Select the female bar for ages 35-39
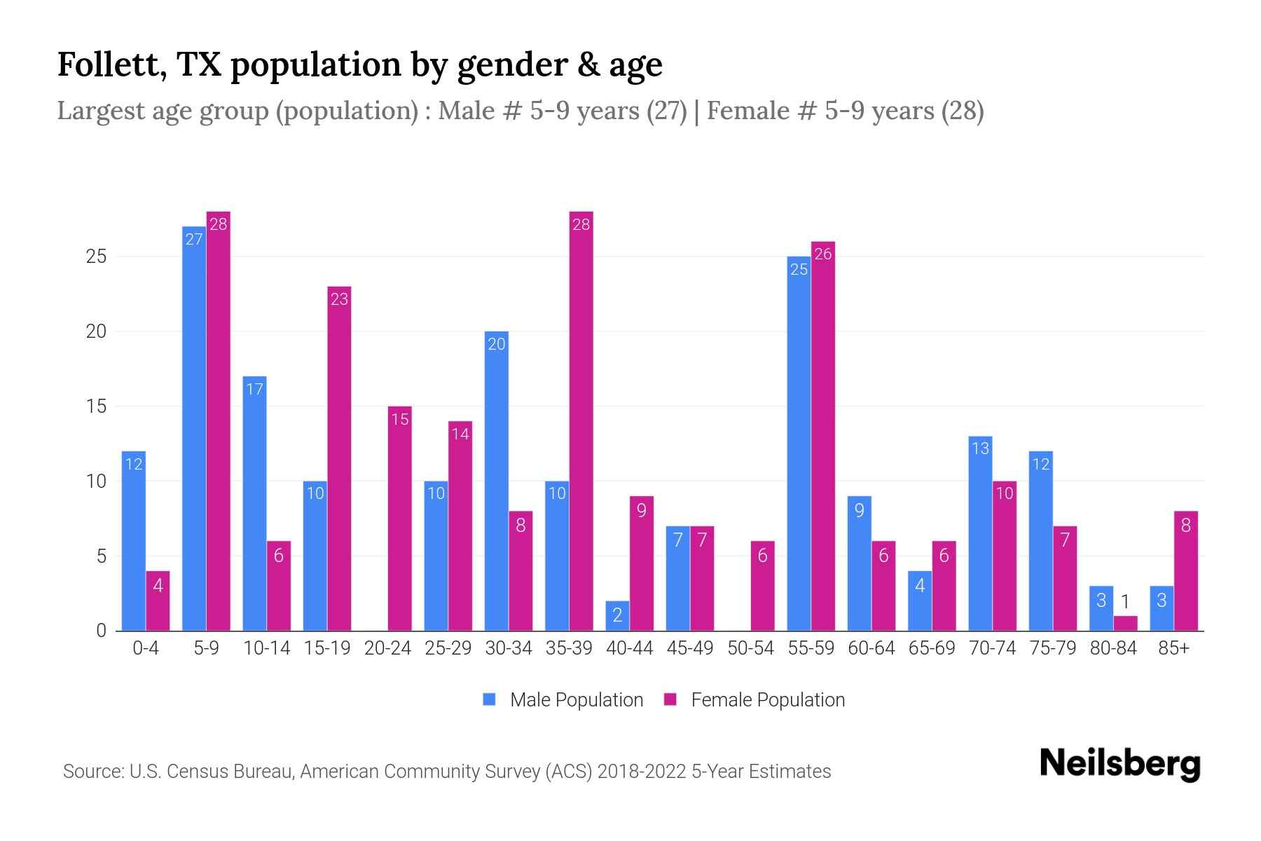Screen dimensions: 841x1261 tap(581, 420)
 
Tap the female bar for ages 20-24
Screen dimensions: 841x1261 tap(399, 519)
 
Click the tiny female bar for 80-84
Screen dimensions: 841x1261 tap(1125, 623)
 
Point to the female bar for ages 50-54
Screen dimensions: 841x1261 tap(762, 586)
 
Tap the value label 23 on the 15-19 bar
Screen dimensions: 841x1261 tap(339, 299)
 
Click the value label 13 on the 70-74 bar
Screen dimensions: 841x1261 tap(980, 448)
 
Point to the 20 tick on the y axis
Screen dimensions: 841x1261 tap(96, 331)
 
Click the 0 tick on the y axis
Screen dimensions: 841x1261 tap(102, 631)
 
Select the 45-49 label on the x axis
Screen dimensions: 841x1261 tap(689, 648)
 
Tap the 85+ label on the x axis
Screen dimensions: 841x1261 tap(1173, 648)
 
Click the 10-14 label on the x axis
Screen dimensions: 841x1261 tap(266, 648)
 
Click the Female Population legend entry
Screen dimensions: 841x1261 tap(754, 699)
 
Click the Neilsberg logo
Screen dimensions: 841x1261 tap(1119, 764)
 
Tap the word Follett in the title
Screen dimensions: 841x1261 tap(111, 64)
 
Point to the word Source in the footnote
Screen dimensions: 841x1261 tap(92, 772)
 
